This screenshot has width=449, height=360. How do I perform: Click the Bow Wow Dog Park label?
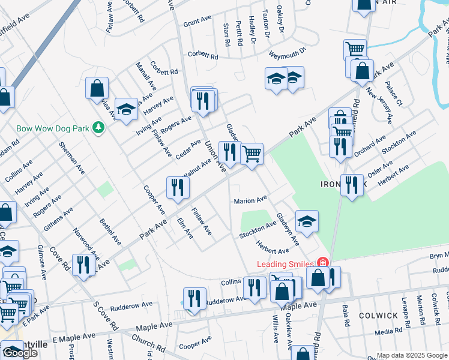tap(47, 128)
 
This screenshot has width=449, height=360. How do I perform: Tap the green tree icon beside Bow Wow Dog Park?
tap(100, 128)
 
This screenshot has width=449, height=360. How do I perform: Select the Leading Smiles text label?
tap(285, 264)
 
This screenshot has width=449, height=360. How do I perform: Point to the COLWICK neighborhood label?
tap(379, 315)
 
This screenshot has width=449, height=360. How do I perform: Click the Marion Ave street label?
tap(250, 201)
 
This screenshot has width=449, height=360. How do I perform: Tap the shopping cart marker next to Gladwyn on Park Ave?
tap(252, 154)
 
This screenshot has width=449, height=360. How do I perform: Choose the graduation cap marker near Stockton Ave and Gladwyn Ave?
tap(307, 222)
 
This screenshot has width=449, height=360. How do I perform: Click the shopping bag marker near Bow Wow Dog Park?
tap(97, 89)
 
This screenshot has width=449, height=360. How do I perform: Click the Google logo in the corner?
tap(20, 353)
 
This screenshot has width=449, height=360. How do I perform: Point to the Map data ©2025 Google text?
tap(412, 355)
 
